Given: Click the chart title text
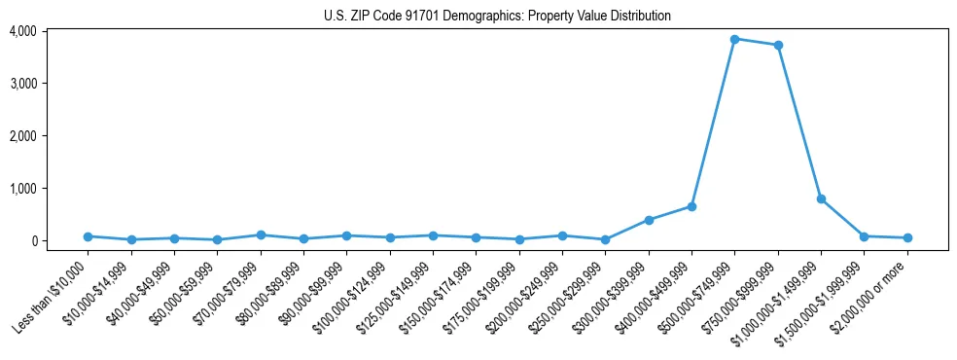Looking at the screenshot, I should pyautogui.click(x=497, y=16).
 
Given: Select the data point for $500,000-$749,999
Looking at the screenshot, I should pyautogui.click(x=735, y=39).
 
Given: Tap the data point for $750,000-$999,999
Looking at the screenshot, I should pyautogui.click(x=778, y=45).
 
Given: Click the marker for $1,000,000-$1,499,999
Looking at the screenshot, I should pyautogui.click(x=821, y=198).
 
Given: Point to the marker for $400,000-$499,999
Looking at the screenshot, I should pyautogui.click(x=691, y=206).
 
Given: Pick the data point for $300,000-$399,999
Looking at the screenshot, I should pyautogui.click(x=649, y=220).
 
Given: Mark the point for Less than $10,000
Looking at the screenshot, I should pyautogui.click(x=88, y=236).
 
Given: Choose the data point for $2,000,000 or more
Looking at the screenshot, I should pyautogui.click(x=907, y=237).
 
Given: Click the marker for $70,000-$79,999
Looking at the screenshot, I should pyautogui.click(x=261, y=234).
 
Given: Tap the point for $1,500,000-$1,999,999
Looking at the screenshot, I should pyautogui.click(x=865, y=236).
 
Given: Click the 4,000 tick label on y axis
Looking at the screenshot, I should pyautogui.click(x=23, y=31).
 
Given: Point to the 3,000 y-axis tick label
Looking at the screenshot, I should pyautogui.click(x=23, y=84).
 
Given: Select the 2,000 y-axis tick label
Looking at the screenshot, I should pyautogui.click(x=23, y=136).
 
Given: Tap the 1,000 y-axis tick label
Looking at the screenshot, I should pyautogui.click(x=23, y=189).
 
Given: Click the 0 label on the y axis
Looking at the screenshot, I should pyautogui.click(x=32, y=241).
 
